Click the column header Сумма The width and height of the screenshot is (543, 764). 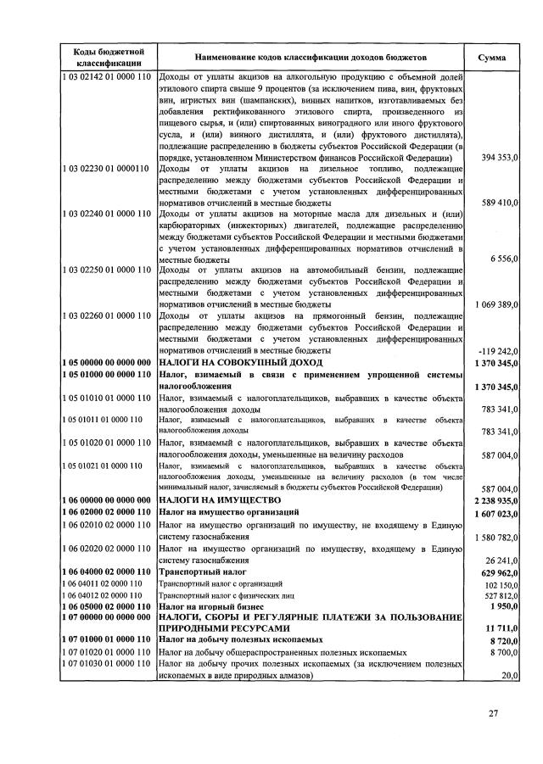pyautogui.click(x=492, y=58)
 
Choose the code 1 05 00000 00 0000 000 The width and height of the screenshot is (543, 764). pyautogui.click(x=105, y=362)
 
